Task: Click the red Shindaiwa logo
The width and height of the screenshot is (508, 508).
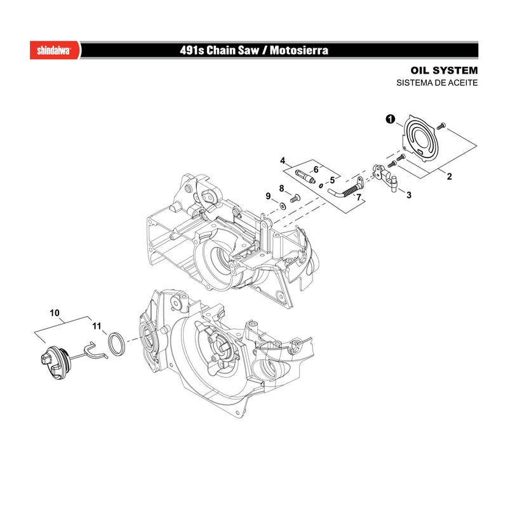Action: tap(55, 50)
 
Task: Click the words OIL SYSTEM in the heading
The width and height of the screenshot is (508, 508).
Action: tap(444, 70)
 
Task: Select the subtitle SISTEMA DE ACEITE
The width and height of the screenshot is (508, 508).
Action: tap(437, 83)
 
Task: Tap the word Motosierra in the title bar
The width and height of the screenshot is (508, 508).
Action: tap(298, 50)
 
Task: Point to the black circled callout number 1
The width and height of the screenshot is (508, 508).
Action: tap(391, 119)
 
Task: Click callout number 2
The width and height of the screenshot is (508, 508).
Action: tap(449, 177)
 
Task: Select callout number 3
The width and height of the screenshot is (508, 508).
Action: tap(409, 195)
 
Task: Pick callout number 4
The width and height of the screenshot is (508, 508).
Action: tap(283, 161)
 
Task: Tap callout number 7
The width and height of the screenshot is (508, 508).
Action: tap(359, 197)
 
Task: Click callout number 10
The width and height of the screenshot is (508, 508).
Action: tap(55, 313)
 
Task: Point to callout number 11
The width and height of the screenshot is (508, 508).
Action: tap(97, 326)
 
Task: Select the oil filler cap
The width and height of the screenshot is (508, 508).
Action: tap(55, 362)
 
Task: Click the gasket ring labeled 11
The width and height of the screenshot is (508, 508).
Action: tap(116, 344)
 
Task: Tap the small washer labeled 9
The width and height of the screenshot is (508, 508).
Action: tap(283, 205)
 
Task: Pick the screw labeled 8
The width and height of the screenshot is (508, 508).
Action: tap(295, 198)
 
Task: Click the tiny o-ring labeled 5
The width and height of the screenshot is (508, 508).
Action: tap(321, 185)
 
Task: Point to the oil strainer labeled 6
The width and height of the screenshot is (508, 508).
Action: tap(305, 177)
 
